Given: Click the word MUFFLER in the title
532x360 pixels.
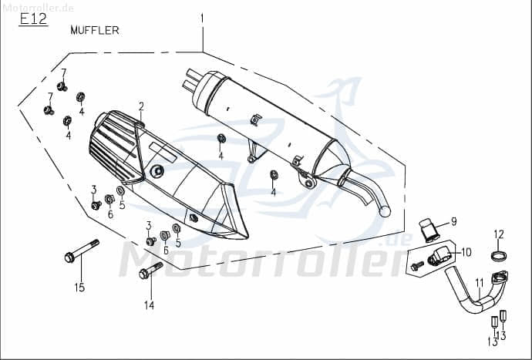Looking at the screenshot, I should click(x=94, y=31).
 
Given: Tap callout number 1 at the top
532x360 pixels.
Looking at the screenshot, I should click(x=203, y=17).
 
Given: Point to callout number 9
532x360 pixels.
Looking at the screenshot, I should click(x=453, y=221).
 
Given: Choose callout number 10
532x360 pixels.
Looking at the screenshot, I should click(x=466, y=252).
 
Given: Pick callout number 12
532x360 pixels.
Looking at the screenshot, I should click(x=498, y=234).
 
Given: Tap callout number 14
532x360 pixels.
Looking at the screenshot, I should click(x=150, y=305).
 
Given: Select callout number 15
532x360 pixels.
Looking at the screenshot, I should click(x=79, y=288).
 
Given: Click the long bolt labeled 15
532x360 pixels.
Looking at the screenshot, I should click(x=81, y=252).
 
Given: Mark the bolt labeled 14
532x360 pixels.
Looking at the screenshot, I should click(x=150, y=270).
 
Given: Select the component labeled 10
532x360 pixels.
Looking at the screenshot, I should click(x=442, y=256).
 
